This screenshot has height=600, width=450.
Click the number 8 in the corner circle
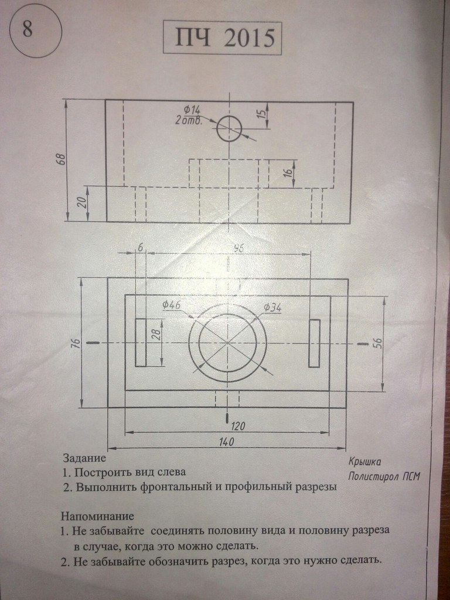tap(28, 30)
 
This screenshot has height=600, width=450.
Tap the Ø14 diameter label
tap(192, 110)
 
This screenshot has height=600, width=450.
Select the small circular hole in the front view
tap(229, 128)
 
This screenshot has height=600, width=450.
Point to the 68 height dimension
tap(60, 159)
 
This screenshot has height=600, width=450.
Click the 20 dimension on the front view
tap(81, 203)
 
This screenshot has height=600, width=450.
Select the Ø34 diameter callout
tap(272, 308)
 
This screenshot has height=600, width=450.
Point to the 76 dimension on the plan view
tap(75, 343)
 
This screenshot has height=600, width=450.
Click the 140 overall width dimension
tap(226, 442)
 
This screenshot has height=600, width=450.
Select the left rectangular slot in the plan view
tap(141, 343)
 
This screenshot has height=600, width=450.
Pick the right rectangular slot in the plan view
tap(315, 343)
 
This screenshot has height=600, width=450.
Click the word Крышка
tap(364, 461)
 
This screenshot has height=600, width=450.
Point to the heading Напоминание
tap(97, 516)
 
